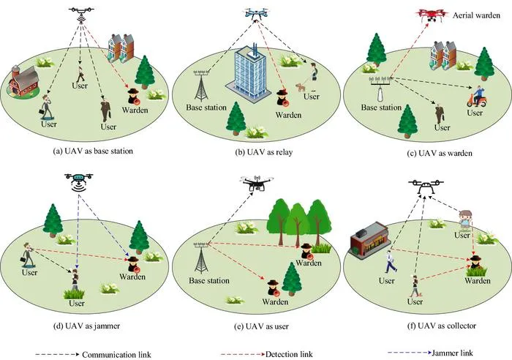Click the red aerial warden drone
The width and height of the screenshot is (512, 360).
432,15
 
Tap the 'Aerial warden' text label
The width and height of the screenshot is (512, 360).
476,15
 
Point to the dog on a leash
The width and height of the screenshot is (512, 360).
301,87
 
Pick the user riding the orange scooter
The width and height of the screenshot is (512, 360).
478,97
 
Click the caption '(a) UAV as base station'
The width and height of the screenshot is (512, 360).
93,151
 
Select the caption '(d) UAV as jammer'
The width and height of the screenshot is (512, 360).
86,326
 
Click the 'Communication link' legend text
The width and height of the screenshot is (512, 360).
116,354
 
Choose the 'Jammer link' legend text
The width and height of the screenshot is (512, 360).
453,353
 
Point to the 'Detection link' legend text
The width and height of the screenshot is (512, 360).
290,354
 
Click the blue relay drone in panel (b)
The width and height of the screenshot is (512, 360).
256,13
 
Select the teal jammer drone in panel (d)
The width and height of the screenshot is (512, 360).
79,182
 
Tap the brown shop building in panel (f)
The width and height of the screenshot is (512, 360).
369,240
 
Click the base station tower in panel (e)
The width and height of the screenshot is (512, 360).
201,258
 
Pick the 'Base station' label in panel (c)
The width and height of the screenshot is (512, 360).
381,108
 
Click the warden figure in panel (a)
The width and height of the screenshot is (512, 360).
134,97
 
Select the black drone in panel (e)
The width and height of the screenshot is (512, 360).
257,183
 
